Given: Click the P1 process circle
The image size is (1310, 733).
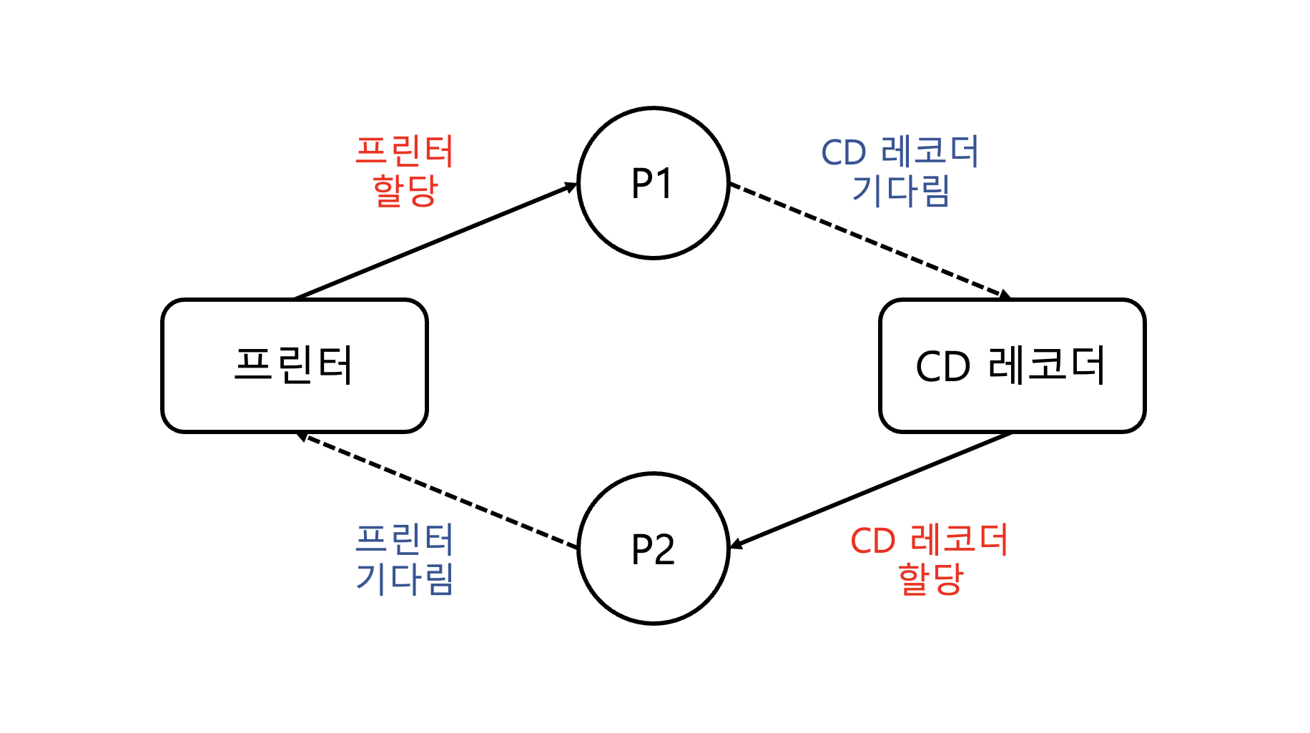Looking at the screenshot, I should pyautogui.click(x=653, y=183).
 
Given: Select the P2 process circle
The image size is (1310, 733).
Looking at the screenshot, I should pyautogui.click(x=653, y=548).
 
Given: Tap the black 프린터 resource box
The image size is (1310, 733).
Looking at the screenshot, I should pyautogui.click(x=295, y=365).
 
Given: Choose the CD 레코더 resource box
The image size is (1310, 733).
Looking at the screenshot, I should pyautogui.click(x=1012, y=365).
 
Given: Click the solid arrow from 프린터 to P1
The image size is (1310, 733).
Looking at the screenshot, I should pyautogui.click(x=436, y=241).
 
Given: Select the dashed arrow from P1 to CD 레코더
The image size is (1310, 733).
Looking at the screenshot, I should pyautogui.click(x=869, y=240).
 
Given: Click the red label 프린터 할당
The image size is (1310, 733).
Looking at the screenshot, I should pyautogui.click(x=405, y=171).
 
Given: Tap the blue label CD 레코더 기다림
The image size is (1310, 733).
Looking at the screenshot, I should pyautogui.click(x=900, y=171).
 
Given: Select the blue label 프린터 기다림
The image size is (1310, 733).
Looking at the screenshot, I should pyautogui.click(x=405, y=559).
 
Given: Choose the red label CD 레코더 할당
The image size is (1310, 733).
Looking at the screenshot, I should pyautogui.click(x=930, y=559).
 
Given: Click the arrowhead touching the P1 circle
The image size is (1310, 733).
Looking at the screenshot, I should pyautogui.click(x=571, y=187).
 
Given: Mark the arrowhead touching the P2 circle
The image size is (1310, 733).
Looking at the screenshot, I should pyautogui.click(x=736, y=544).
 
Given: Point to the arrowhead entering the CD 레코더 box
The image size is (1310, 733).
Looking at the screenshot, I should pyautogui.click(x=1005, y=295).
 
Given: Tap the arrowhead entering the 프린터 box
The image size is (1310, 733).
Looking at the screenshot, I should pyautogui.click(x=303, y=436).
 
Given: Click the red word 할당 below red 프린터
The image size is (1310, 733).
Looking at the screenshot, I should pyautogui.click(x=405, y=190).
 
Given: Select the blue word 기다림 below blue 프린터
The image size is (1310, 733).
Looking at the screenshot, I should pyautogui.click(x=405, y=579).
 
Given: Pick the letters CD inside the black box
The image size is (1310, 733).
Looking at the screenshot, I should pyautogui.click(x=942, y=367).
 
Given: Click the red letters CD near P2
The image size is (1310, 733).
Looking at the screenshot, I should pyautogui.click(x=872, y=541).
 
